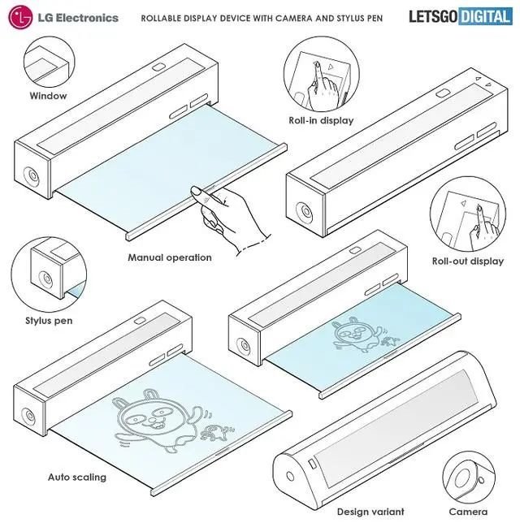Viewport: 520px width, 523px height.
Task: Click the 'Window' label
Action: point(48,96)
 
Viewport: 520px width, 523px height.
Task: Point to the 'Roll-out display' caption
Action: point(467,261)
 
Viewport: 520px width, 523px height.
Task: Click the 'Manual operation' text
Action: point(169,257)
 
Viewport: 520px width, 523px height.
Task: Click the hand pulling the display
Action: point(232,215)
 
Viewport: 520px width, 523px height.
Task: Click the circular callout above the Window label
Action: point(48,59)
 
